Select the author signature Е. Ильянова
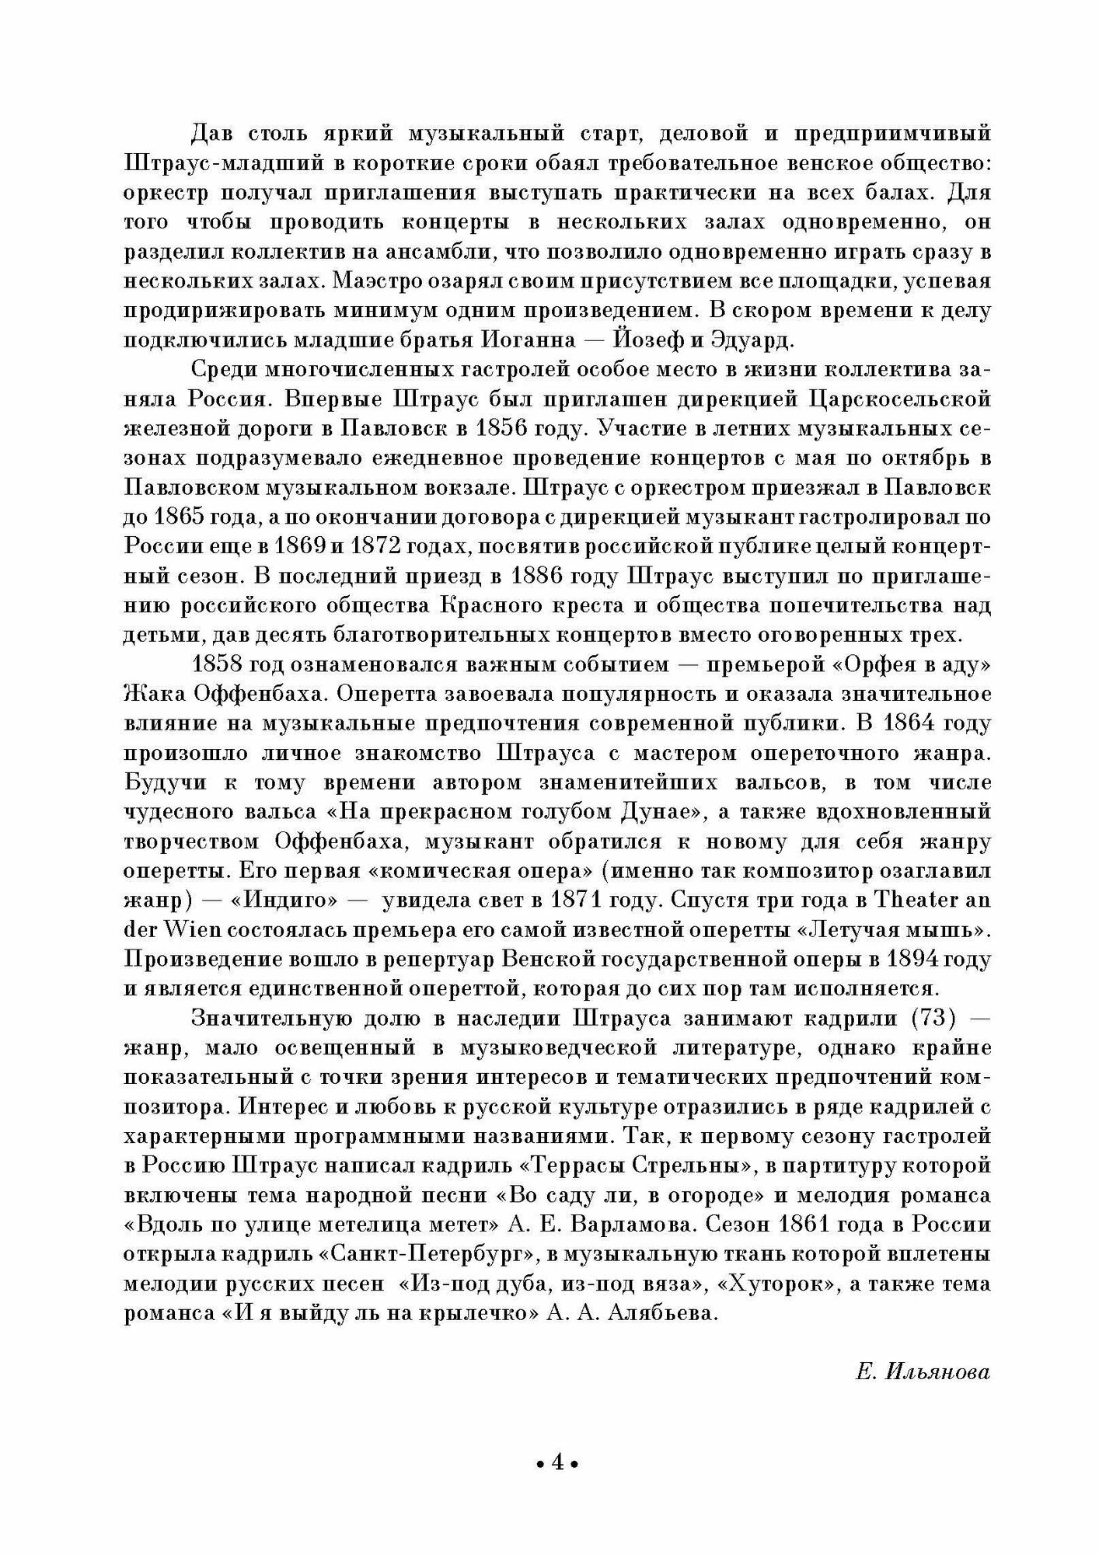923,1373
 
